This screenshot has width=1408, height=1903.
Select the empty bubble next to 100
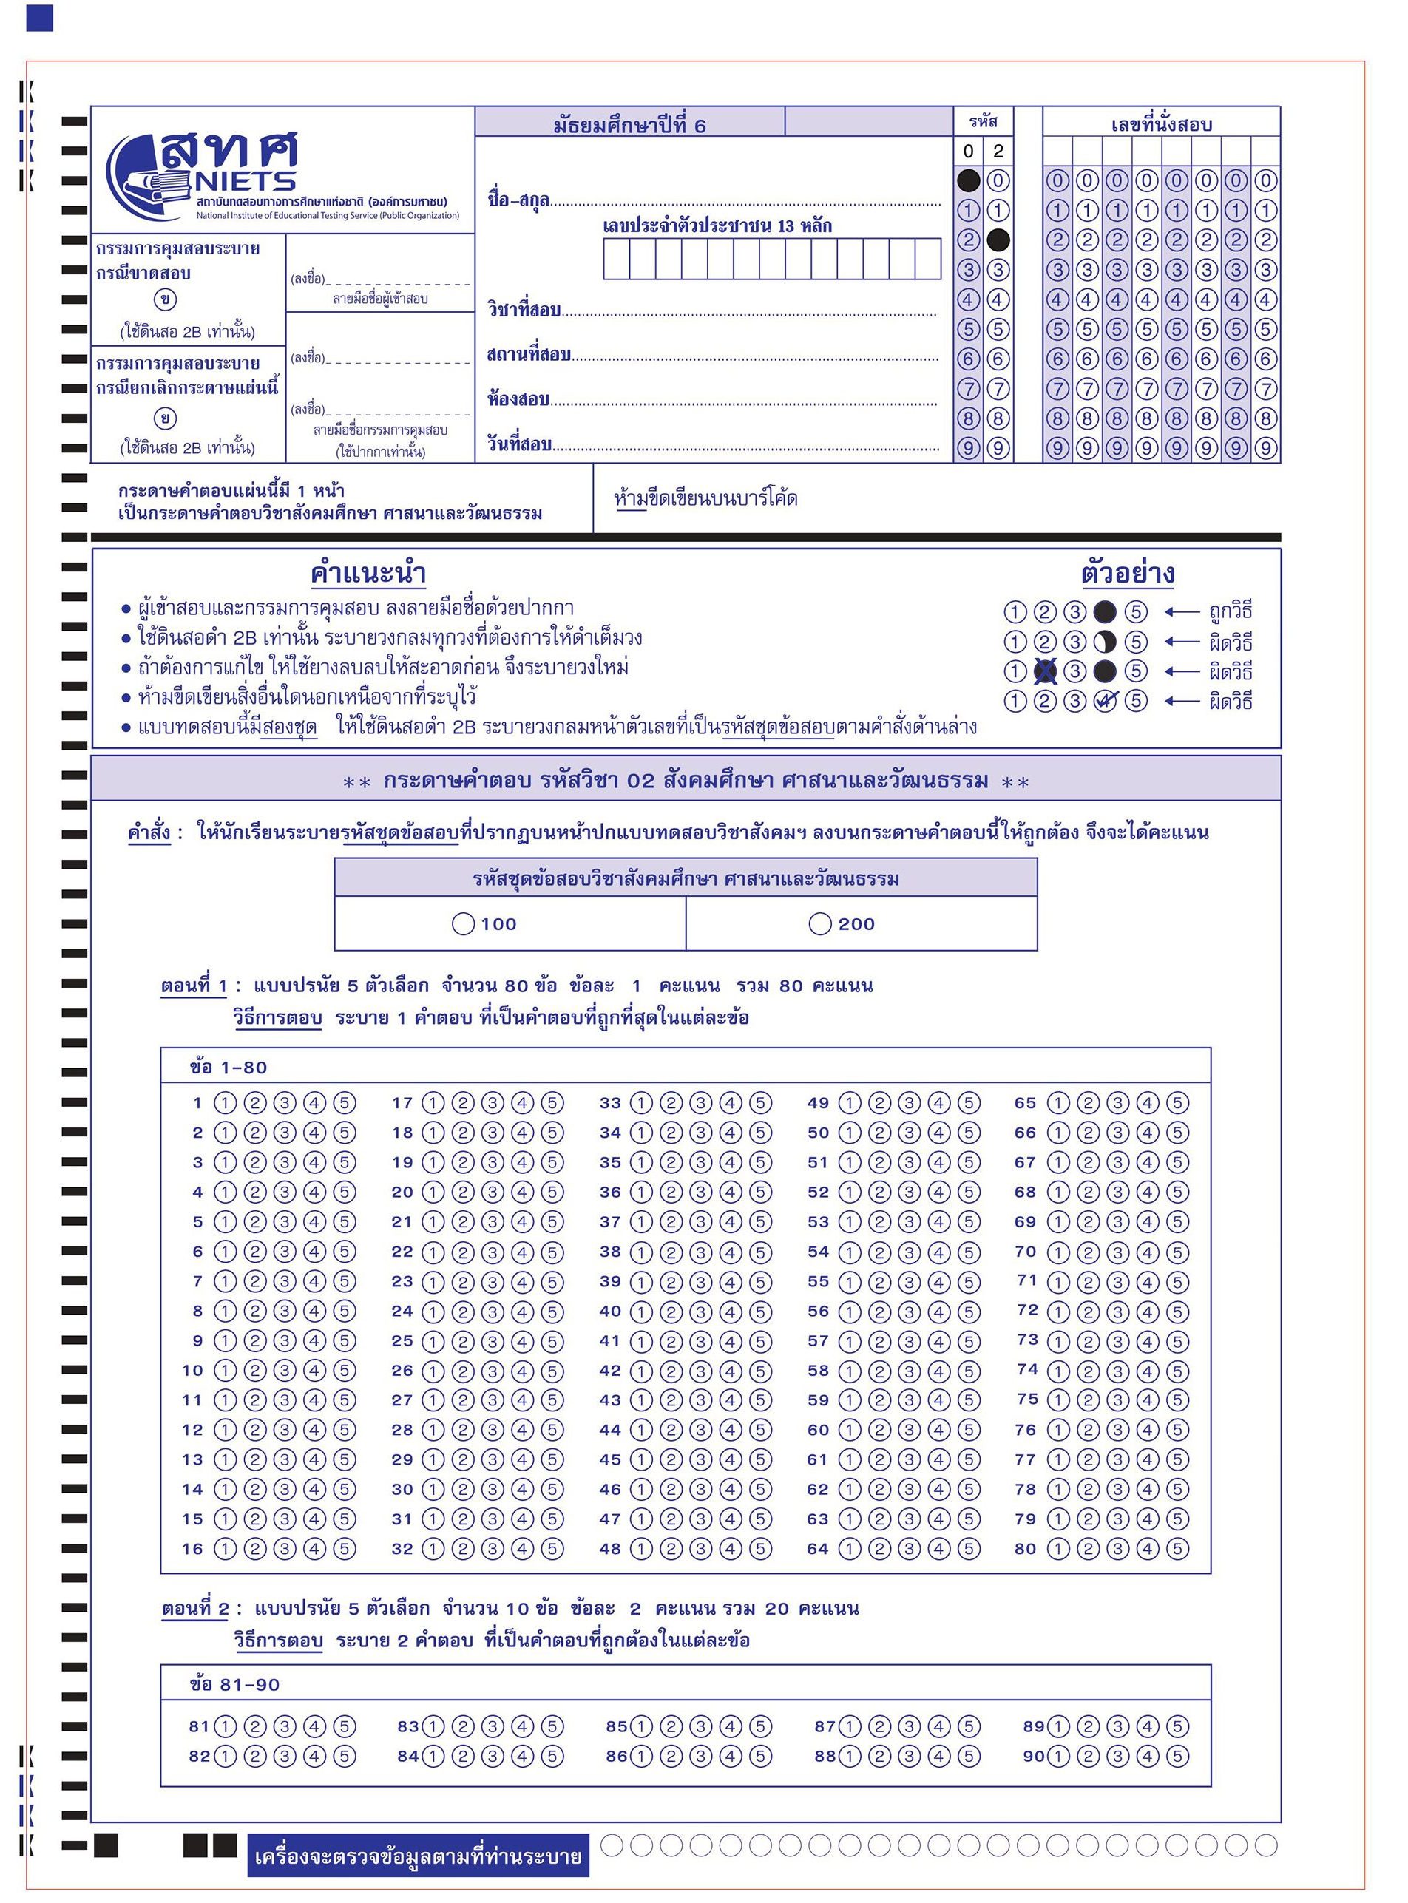(463, 924)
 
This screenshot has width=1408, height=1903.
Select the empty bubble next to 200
(820, 924)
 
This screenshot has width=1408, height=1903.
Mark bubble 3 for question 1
(285, 1103)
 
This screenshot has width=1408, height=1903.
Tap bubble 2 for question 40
(671, 1312)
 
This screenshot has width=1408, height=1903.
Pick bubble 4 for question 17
(523, 1103)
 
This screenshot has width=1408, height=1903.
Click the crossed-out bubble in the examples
(1045, 671)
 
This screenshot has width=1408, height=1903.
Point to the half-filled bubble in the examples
(1105, 642)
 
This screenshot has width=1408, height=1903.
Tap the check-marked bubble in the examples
(1105, 702)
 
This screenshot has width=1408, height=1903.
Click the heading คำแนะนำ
(368, 574)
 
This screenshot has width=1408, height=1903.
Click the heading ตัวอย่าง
(1128, 573)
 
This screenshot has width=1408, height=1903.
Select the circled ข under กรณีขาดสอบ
(166, 300)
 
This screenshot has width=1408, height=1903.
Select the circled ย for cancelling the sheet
(166, 418)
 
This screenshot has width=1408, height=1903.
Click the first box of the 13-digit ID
(616, 259)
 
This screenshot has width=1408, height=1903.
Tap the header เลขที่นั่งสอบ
(1161, 124)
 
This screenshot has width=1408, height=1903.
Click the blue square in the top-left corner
(39, 18)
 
